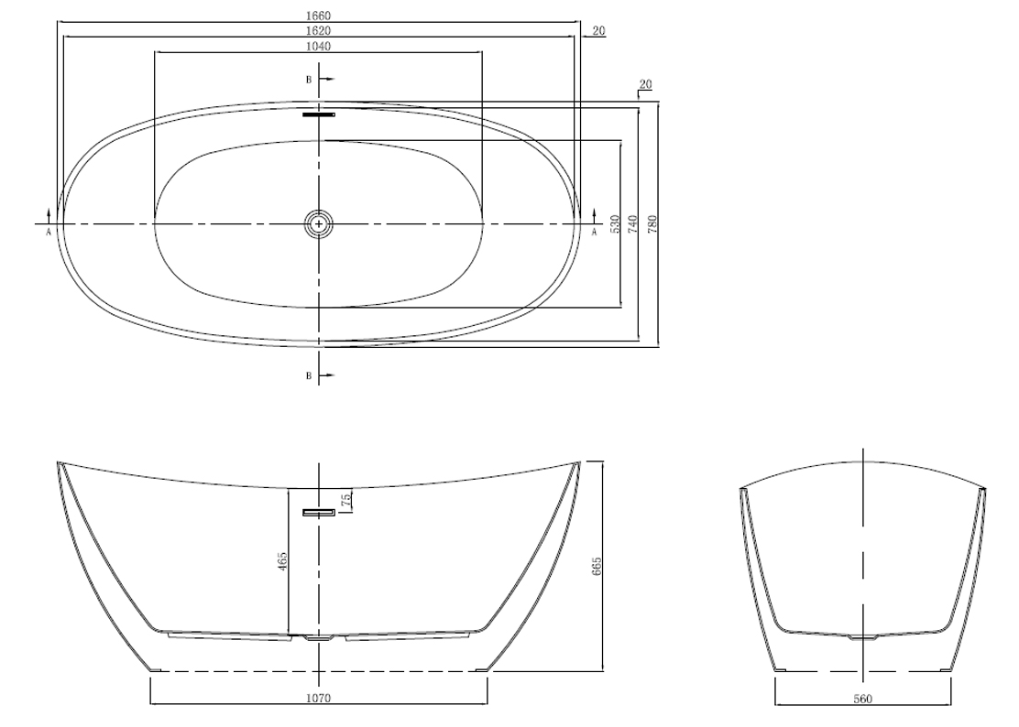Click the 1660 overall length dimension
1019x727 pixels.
click(x=319, y=16)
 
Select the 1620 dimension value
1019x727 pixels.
click(x=319, y=30)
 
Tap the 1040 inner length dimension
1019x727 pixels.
click(x=319, y=46)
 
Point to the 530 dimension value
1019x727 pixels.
click(x=616, y=223)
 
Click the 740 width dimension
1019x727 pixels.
click(x=634, y=223)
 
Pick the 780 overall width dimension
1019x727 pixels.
click(x=653, y=223)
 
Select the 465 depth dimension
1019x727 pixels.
click(x=282, y=561)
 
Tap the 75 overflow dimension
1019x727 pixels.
click(x=346, y=499)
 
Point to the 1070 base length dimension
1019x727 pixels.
click(x=319, y=699)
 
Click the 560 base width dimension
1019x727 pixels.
click(x=862, y=700)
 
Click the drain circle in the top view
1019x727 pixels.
click(x=319, y=223)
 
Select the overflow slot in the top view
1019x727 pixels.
click(x=319, y=114)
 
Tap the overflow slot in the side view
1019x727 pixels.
click(x=319, y=513)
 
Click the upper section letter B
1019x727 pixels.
click(x=310, y=79)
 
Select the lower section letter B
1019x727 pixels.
click(x=310, y=375)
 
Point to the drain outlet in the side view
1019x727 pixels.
click(x=319, y=639)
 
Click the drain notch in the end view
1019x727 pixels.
click(x=862, y=637)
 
